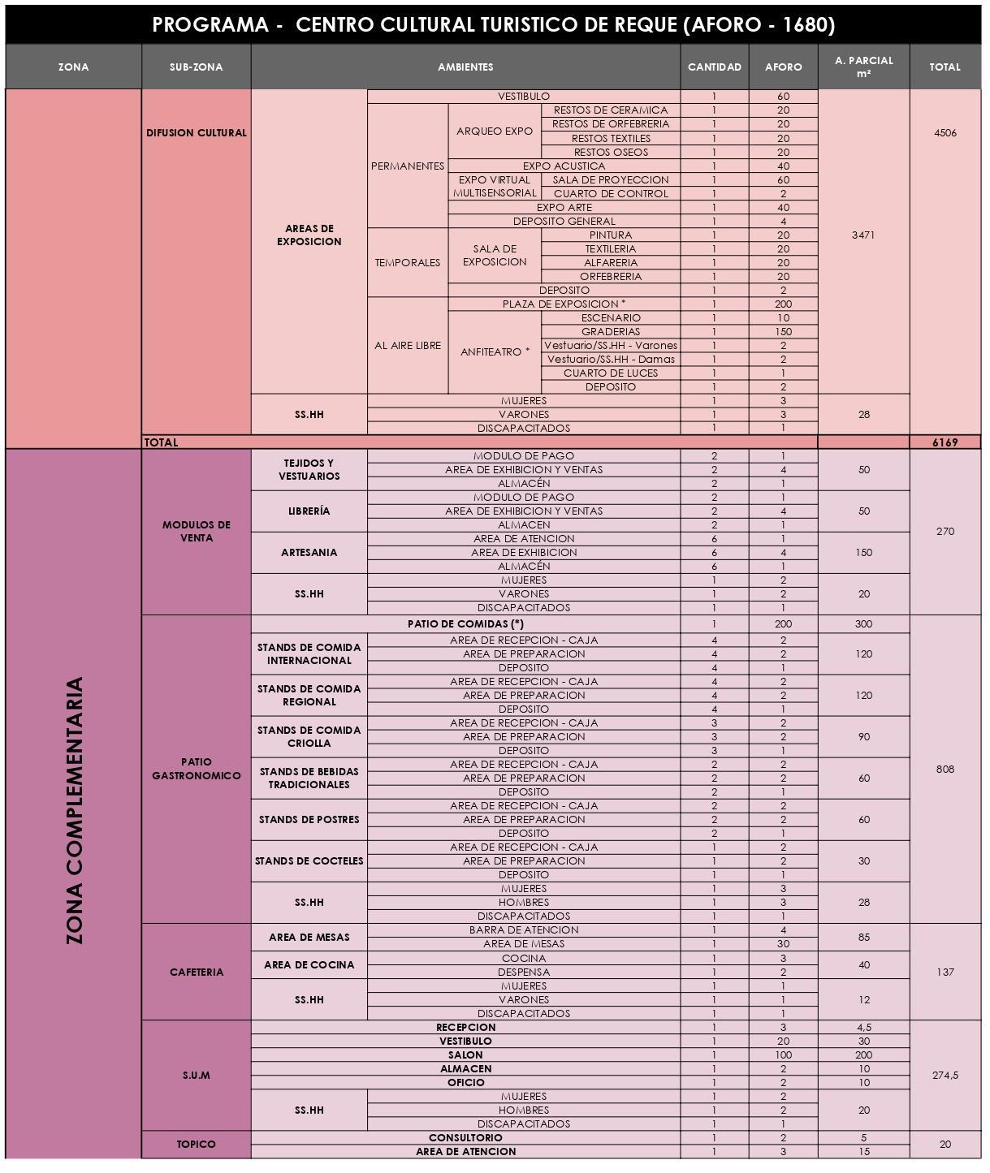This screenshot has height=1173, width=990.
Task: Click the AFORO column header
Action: click(783, 67)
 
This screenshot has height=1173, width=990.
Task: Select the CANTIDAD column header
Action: click(714, 67)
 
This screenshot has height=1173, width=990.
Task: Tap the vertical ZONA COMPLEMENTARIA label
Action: click(74, 810)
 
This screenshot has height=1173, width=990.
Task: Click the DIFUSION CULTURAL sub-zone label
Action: click(197, 132)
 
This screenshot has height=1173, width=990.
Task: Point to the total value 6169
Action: click(945, 442)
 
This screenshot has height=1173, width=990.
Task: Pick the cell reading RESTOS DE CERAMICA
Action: click(610, 110)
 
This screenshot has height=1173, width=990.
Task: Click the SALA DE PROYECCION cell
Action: click(610, 179)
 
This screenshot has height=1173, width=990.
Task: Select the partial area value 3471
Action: click(863, 235)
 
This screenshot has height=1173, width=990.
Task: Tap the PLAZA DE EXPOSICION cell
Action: click(564, 304)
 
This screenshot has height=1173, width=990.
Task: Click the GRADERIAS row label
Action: click(610, 331)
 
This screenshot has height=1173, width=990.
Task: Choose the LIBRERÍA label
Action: click(309, 511)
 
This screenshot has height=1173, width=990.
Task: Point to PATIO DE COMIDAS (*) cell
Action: click(465, 623)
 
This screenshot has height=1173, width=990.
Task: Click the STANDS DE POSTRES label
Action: click(309, 819)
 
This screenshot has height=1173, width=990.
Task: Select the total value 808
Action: click(945, 769)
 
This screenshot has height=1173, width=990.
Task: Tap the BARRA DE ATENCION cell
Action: click(524, 929)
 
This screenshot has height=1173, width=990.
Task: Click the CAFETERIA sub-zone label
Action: click(197, 972)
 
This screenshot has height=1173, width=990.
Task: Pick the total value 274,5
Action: click(945, 1075)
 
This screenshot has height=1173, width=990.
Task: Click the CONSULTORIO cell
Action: click(465, 1137)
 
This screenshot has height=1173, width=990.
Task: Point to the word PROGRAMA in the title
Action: click(210, 25)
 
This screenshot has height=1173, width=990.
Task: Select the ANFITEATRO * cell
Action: click(495, 351)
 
